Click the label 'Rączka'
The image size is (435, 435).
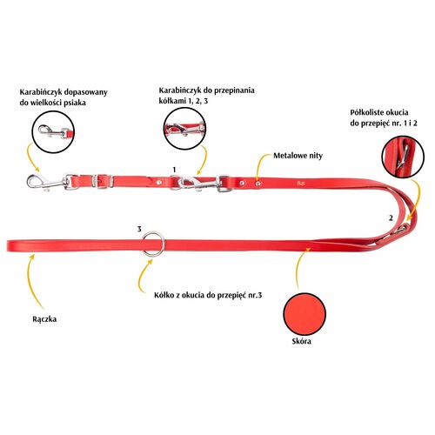point(44,319)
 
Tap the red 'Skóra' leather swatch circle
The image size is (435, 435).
point(304,314)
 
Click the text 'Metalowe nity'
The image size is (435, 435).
point(298,156)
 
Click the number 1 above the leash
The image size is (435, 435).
point(174,170)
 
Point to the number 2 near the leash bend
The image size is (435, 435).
point(391,217)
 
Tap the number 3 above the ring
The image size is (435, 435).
point(139,229)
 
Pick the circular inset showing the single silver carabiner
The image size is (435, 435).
point(53,132)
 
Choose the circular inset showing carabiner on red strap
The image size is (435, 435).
point(184,129)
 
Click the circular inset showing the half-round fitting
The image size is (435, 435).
point(403,157)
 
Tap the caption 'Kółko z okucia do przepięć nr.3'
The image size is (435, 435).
point(208,296)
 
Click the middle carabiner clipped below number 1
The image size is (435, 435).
point(198,184)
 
